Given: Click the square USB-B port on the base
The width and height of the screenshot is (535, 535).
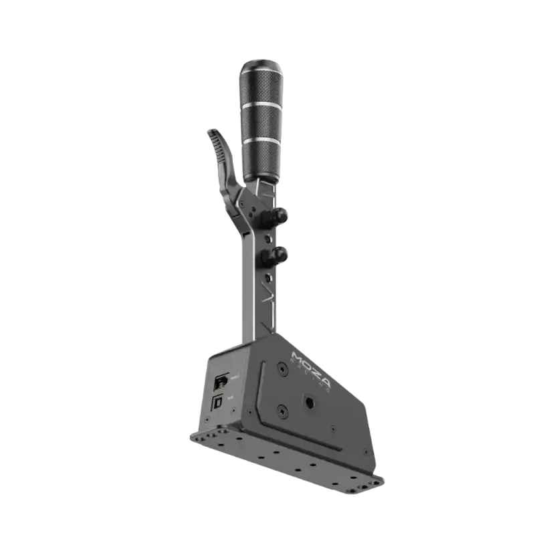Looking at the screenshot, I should pyautogui.click(x=219, y=403).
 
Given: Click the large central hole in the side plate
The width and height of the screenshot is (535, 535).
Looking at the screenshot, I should pyautogui.click(x=311, y=403).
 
